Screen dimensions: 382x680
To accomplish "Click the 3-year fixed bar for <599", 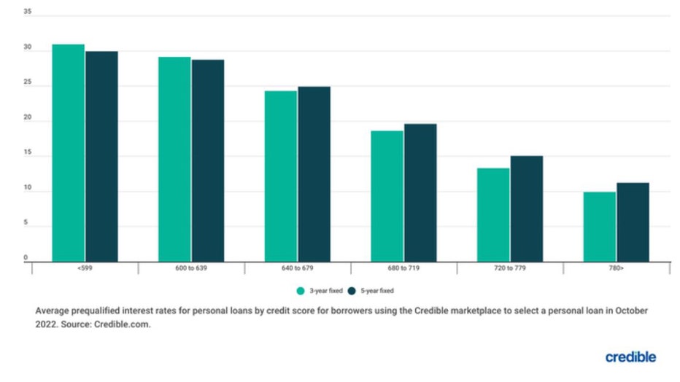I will point(68,153).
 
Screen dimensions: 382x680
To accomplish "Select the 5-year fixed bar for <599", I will point(101,157).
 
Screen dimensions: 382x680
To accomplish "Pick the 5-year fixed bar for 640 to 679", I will point(314,174).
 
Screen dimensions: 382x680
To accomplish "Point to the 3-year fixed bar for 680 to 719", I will point(387,196).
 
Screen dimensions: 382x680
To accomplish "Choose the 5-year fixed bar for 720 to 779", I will point(526,208).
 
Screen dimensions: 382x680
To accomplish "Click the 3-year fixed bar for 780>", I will point(599,227).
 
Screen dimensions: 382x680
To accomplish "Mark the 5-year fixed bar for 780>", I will point(633,222).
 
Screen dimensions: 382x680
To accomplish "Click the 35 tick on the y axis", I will point(28,12).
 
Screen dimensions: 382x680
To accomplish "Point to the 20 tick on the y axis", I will point(28,118).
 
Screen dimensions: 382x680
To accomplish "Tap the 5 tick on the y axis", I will point(26,224).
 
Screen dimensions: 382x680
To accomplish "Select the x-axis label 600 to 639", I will point(192,269).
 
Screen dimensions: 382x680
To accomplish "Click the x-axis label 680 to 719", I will point(404,269).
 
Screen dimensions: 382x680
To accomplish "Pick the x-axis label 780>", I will point(617,269).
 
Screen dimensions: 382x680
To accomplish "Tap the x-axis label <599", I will point(85,269).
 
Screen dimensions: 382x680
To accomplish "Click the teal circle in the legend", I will point(300,290).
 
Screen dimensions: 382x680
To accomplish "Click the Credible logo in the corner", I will point(630,357).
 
